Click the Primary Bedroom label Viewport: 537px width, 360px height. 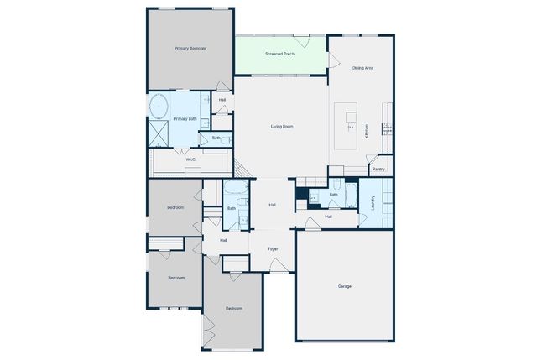pos(190,49)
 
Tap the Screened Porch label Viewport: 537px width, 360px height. pos(279,54)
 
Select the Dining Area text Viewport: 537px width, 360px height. pos(363,67)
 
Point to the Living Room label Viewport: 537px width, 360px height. pos(282,127)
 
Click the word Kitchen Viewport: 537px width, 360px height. pos(367,132)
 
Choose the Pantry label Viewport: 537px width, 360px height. pos(378,169)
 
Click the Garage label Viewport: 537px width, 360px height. pos(345,286)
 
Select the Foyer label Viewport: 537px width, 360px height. pos(273,249)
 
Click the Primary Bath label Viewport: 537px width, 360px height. pos(185,119)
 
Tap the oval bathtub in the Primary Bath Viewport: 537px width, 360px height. pos(159,107)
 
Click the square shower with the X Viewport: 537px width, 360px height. pos(158,133)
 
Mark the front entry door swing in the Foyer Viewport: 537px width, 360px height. pos(279,266)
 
